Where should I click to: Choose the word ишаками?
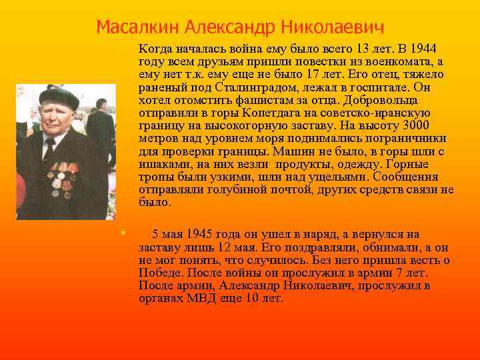coord(163,163)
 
